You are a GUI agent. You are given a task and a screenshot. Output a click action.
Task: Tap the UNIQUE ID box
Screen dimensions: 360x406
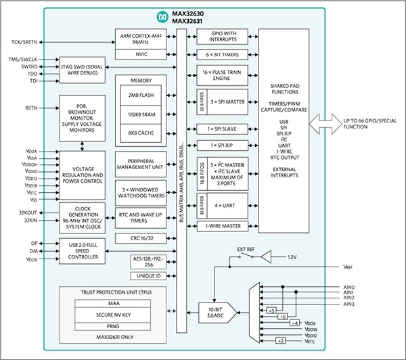[148, 276]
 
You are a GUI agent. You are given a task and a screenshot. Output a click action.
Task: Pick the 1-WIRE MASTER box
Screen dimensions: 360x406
[223, 227]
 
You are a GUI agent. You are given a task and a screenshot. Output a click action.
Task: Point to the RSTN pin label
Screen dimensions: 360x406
[31, 108]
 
